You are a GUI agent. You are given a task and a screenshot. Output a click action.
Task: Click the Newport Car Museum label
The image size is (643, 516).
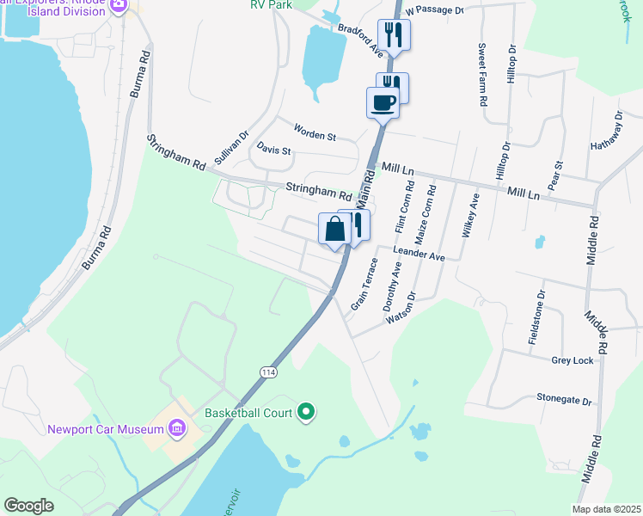[x=106, y=429]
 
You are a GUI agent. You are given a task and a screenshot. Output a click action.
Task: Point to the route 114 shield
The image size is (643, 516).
[x=269, y=371]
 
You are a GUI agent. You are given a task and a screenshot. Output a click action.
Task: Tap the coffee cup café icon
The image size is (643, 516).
[x=383, y=103]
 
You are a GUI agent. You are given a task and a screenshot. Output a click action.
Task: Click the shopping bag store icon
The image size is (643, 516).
[x=334, y=229]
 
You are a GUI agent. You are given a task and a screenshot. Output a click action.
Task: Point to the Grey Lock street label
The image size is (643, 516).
[x=573, y=360]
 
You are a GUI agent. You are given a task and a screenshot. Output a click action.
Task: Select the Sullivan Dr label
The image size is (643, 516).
[x=231, y=148]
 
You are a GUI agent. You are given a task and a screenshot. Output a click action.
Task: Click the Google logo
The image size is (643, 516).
[x=29, y=506]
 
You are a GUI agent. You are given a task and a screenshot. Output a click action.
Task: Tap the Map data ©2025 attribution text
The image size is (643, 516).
[x=605, y=509]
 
